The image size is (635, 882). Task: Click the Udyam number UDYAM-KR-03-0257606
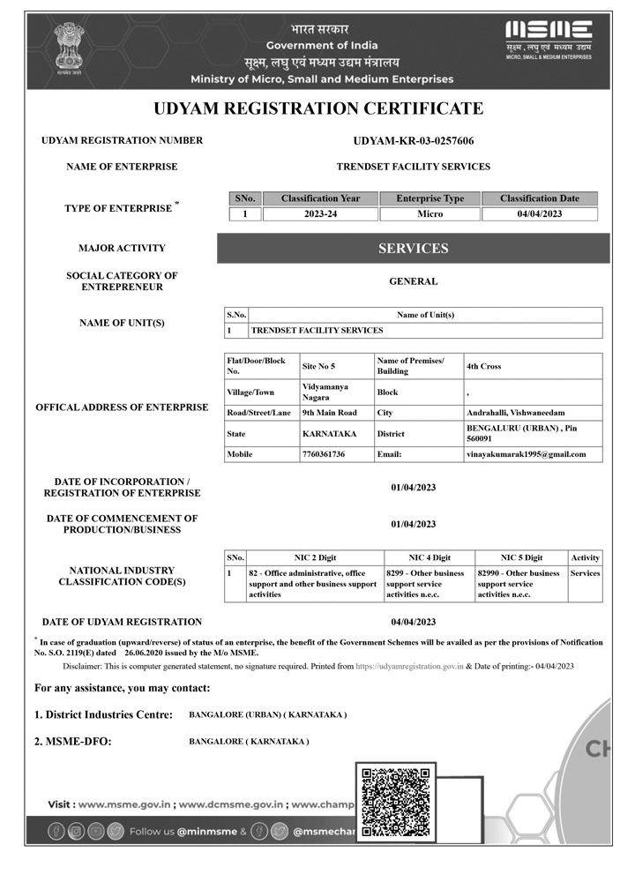pos(413,140)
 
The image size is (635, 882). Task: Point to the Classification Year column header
pos(320,198)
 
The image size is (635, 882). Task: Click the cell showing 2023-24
pos(320,213)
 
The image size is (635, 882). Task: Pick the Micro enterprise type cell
pos(430,213)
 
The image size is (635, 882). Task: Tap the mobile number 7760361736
pos(324,454)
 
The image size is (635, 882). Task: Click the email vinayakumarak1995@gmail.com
pos(526,454)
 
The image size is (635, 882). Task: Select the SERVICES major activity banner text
pos(413,249)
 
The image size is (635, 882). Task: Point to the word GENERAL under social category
pos(413,281)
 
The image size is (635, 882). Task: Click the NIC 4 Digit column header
pos(430,557)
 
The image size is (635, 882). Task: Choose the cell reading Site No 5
pos(318,366)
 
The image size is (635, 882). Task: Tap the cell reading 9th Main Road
pos(329,413)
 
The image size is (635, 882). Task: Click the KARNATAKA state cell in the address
pos(331,434)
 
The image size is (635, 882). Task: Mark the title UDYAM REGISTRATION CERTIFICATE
pos(318,108)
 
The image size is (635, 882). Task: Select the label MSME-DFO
pos(73,742)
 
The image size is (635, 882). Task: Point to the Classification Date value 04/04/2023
pos(540,213)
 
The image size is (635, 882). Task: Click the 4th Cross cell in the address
pos(483,366)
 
